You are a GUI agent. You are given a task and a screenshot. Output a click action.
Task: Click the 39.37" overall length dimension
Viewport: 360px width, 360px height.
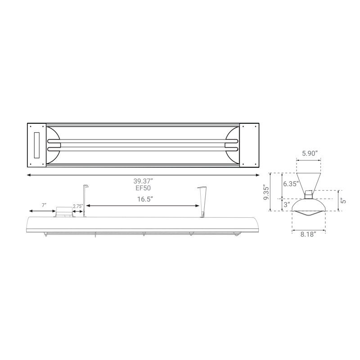pyautogui.click(x=143, y=181)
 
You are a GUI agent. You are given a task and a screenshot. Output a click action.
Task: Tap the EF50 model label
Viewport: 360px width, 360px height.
pyautogui.click(x=143, y=188)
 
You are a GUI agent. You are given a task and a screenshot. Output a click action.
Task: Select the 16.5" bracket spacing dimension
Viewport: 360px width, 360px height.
pyautogui.click(x=145, y=199)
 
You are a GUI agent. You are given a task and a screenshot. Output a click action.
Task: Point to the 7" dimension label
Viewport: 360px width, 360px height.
pyautogui.click(x=44, y=205)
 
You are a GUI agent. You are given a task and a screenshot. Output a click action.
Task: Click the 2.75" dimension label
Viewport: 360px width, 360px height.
pyautogui.click(x=78, y=206)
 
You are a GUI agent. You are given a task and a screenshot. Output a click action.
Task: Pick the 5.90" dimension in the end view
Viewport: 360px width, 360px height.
pyautogui.click(x=310, y=153)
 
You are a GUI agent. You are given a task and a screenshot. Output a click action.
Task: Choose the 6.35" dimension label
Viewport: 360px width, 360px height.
pyautogui.click(x=291, y=184)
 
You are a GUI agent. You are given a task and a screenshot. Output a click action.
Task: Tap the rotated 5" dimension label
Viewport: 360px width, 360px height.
pyautogui.click(x=343, y=201)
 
